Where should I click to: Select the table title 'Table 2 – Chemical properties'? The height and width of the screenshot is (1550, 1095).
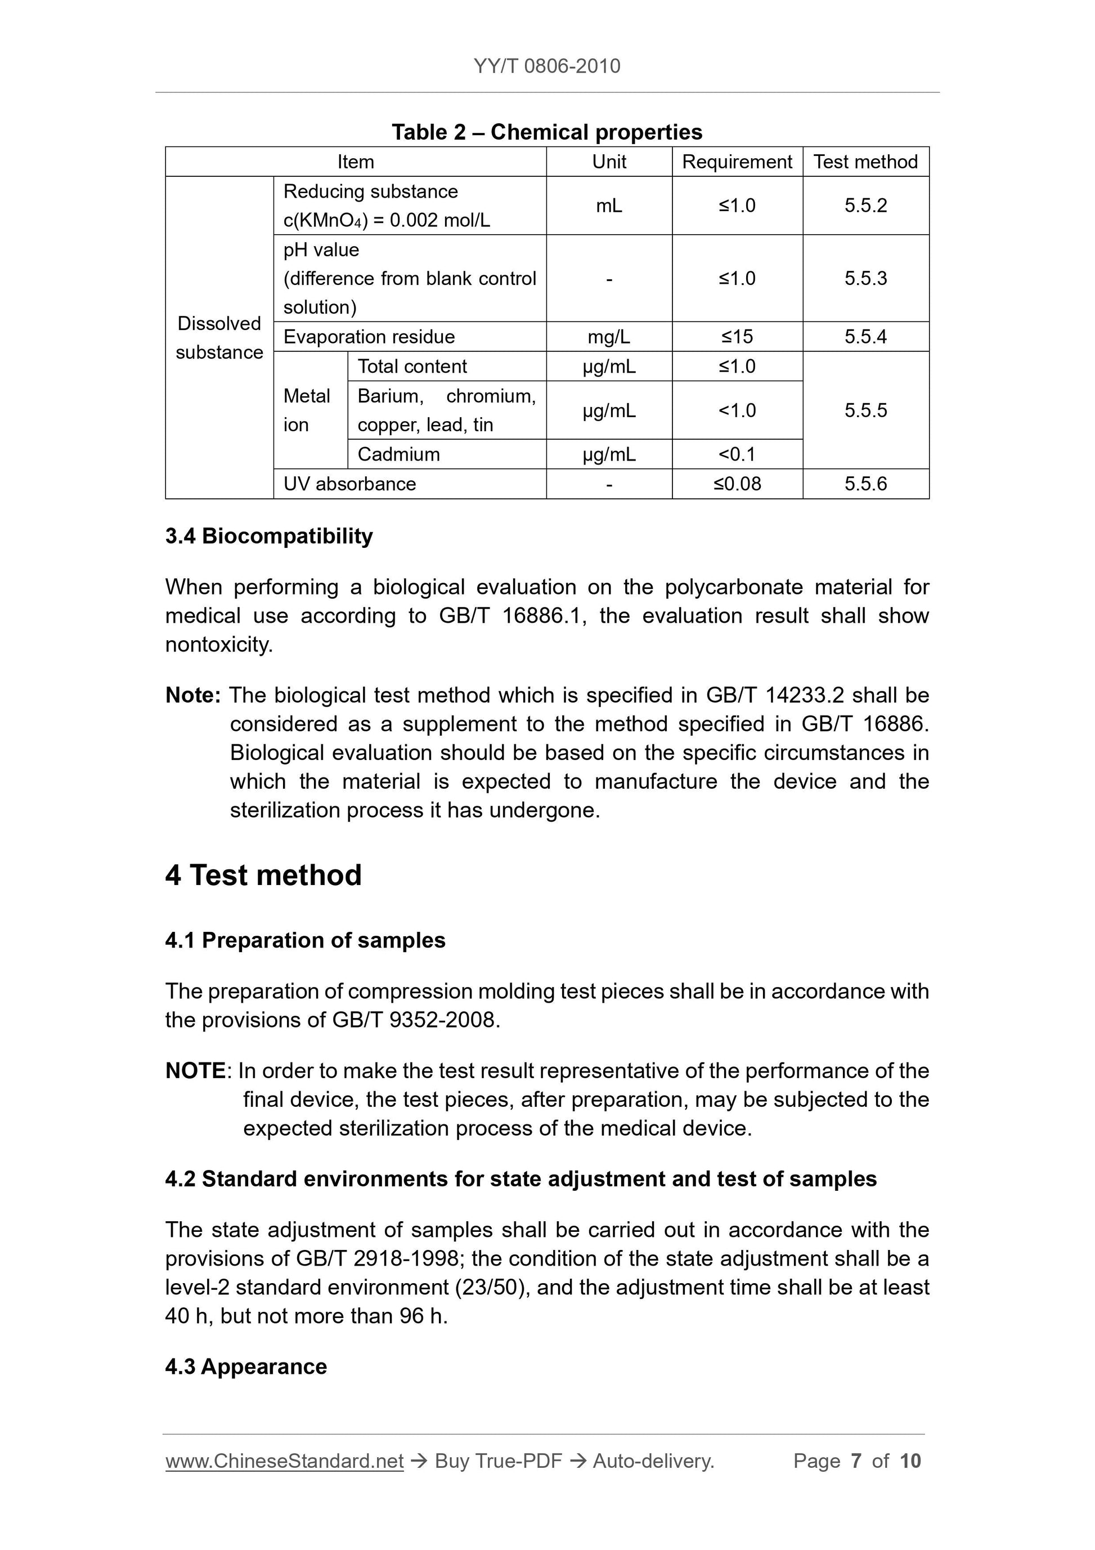pyautogui.click(x=546, y=132)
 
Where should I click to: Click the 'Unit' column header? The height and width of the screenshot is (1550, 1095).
pyautogui.click(x=609, y=162)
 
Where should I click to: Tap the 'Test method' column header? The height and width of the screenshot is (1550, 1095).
pyautogui.click(x=865, y=162)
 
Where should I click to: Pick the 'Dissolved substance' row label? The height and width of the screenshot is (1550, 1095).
pyautogui.click(x=219, y=338)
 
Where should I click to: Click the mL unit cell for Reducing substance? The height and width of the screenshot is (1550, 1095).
pyautogui.click(x=609, y=206)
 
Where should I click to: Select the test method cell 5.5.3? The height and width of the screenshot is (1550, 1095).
pyautogui.click(x=865, y=278)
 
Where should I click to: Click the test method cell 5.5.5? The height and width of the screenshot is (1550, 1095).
pyautogui.click(x=865, y=410)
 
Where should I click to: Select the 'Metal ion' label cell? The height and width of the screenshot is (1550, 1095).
pyautogui.click(x=307, y=410)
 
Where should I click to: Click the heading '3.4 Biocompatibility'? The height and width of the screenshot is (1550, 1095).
pyautogui.click(x=268, y=536)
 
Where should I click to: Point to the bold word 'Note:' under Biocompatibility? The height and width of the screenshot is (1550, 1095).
pyautogui.click(x=193, y=695)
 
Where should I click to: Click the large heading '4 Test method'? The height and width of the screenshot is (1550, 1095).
pyautogui.click(x=263, y=875)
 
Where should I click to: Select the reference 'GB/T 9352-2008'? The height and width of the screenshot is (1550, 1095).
pyautogui.click(x=415, y=1020)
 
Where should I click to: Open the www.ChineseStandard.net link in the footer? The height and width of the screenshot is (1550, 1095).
pyautogui.click(x=284, y=1461)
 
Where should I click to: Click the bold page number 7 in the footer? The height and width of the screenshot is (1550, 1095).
pyautogui.click(x=856, y=1461)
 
